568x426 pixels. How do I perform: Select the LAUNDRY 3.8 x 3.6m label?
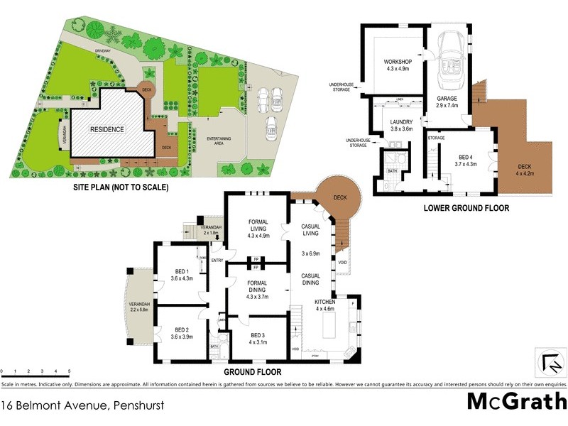396,125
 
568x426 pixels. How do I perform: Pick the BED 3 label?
256,340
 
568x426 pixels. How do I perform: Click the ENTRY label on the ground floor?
217,261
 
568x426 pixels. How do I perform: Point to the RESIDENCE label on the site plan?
107,130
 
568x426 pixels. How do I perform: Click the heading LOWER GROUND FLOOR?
466,208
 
